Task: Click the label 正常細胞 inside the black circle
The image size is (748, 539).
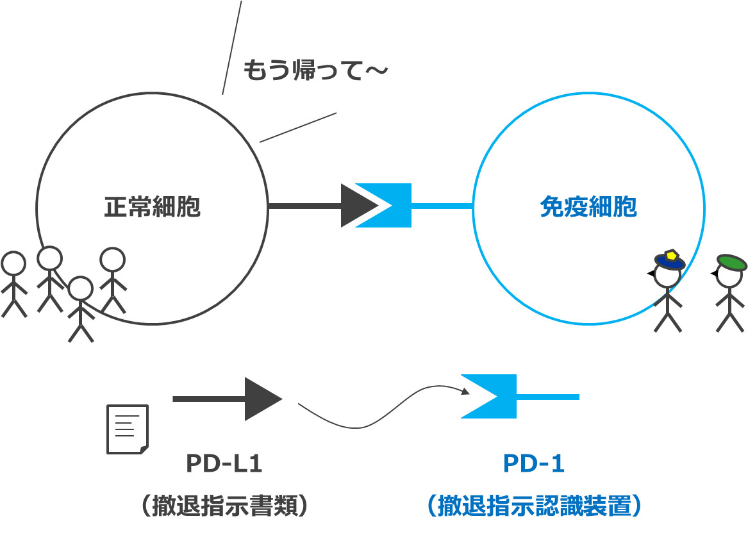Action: pyautogui.click(x=152, y=208)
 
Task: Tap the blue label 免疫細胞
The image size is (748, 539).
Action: pyautogui.click(x=588, y=208)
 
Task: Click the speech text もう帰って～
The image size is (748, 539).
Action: pyautogui.click(x=315, y=70)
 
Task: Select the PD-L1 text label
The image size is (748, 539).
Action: pyautogui.click(x=224, y=463)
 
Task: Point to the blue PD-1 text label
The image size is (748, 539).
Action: pyautogui.click(x=533, y=463)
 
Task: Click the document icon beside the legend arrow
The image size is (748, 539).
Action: pyautogui.click(x=127, y=429)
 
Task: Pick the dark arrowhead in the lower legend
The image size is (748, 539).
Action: pyautogui.click(x=262, y=399)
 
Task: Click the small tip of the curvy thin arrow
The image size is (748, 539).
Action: pyautogui.click(x=465, y=391)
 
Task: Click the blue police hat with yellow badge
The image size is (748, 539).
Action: pyautogui.click(x=670, y=260)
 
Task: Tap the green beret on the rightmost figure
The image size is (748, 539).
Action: pyautogui.click(x=731, y=261)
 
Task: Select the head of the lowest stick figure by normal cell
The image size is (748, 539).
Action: pyautogui.click(x=80, y=288)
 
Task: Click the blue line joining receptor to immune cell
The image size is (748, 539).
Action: pyautogui.click(x=442, y=206)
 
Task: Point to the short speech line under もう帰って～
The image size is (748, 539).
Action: pyautogui.click(x=298, y=128)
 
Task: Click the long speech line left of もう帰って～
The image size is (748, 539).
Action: pyautogui.click(x=231, y=48)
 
